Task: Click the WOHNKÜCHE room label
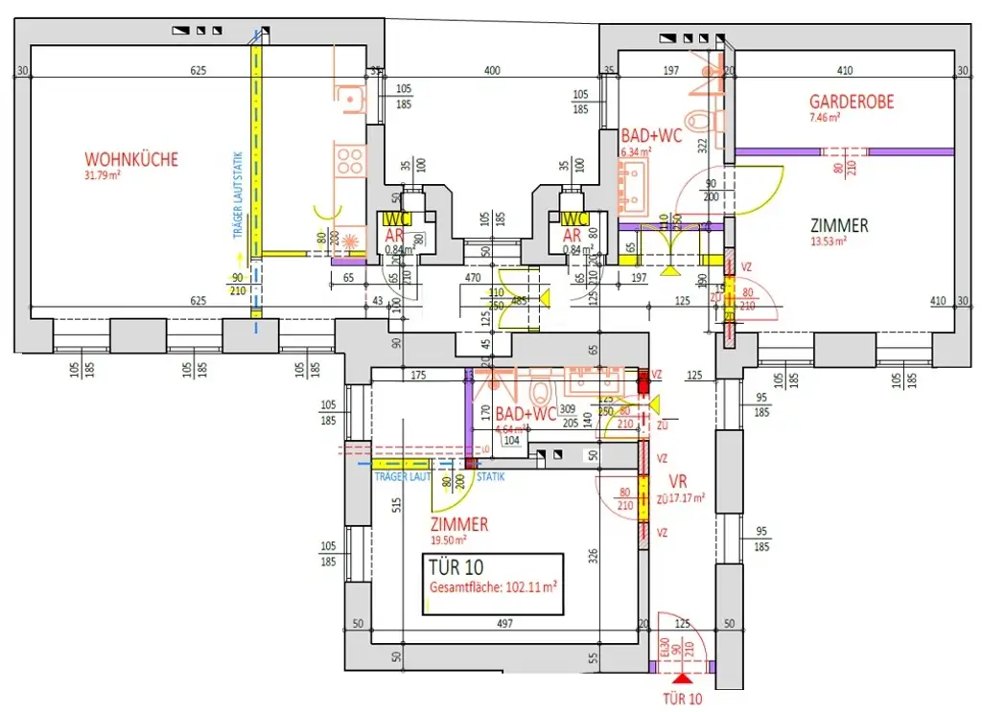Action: [x=131, y=159]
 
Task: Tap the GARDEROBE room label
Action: [x=852, y=102]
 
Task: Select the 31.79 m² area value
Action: [x=105, y=175]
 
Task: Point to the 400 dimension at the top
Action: [x=492, y=71]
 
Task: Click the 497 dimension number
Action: [x=505, y=624]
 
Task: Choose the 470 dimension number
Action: [x=472, y=278]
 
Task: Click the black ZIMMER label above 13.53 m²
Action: [x=839, y=226]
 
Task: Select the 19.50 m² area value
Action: [x=448, y=540]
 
